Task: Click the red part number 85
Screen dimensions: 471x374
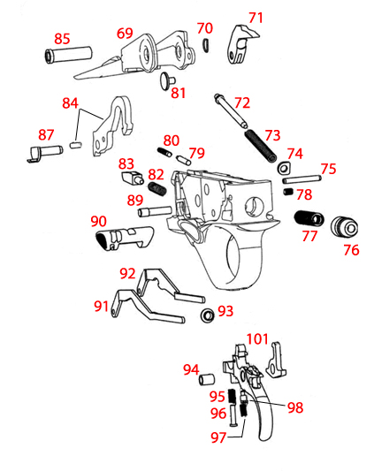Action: click(62, 39)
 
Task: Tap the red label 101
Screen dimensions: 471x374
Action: click(257, 339)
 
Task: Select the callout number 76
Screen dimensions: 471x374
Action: click(351, 250)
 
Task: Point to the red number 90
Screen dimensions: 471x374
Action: click(99, 221)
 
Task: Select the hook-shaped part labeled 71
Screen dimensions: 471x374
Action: click(241, 45)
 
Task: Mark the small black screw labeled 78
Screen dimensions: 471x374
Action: click(288, 192)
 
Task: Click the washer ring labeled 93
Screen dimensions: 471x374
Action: click(205, 315)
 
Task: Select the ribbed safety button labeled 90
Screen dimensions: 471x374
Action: click(121, 237)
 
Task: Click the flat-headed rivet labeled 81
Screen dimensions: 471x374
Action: click(165, 81)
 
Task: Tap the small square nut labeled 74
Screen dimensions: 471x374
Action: click(285, 168)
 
